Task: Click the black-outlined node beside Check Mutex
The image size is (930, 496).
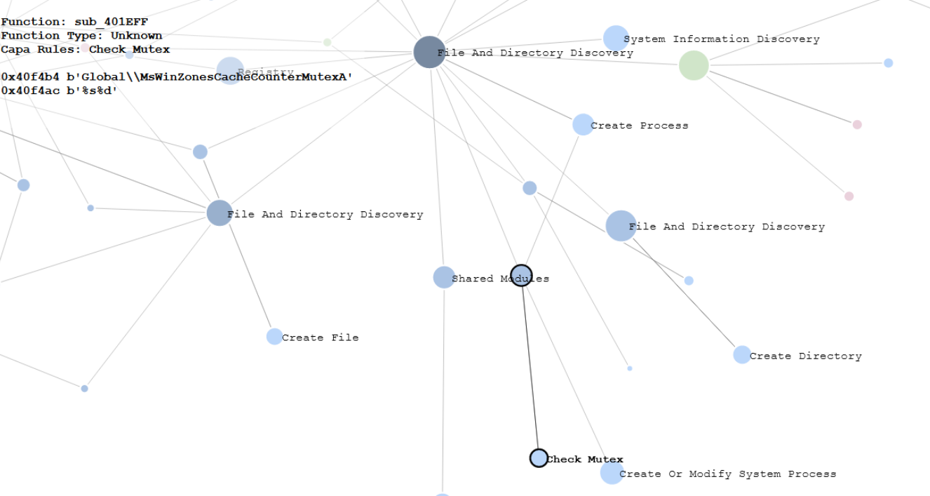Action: [x=539, y=458]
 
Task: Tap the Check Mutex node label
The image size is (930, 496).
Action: [x=585, y=460]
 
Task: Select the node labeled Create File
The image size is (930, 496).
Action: [x=274, y=337]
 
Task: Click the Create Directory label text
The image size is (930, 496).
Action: [x=805, y=356]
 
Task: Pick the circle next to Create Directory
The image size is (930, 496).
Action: [x=742, y=355]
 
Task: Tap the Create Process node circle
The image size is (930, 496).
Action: [x=583, y=125]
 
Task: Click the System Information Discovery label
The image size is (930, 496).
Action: [x=721, y=39]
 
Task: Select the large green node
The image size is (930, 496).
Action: [x=694, y=65]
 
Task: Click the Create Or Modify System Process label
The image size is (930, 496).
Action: [x=727, y=474]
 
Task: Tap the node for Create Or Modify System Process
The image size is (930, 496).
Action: [x=612, y=473]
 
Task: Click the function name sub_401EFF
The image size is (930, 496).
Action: [x=111, y=22]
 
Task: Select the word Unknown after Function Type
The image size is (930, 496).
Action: [x=136, y=36]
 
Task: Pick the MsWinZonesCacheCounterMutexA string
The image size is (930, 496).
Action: [x=244, y=76]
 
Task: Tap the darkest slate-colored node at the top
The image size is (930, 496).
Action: [x=429, y=52]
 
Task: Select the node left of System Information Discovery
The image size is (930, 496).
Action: [x=615, y=39]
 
